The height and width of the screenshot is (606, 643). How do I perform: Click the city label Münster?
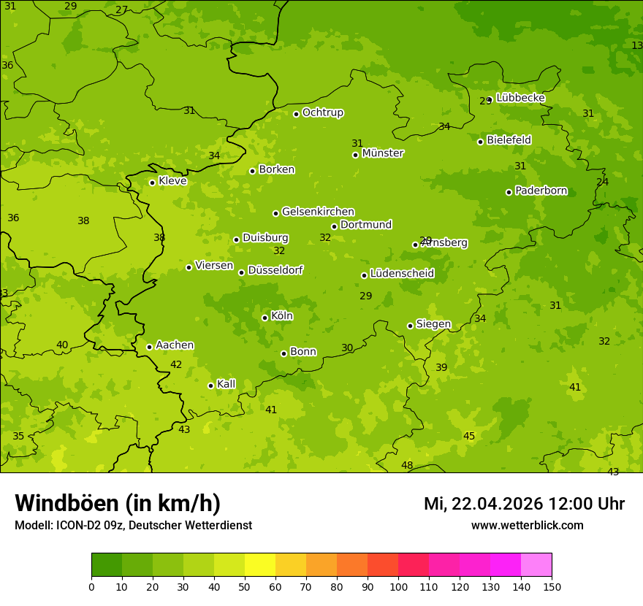[x=382, y=153]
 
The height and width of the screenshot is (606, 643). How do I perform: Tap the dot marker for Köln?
[x=265, y=318]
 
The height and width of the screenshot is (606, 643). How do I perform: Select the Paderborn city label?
[x=541, y=191]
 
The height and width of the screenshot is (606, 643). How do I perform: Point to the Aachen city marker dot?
[x=149, y=347]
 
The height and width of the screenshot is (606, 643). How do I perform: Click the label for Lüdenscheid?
[x=402, y=274]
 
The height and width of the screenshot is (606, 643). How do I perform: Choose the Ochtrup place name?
[x=322, y=112]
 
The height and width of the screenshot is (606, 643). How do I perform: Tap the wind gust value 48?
[x=407, y=466]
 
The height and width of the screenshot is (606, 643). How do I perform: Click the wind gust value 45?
[x=469, y=437]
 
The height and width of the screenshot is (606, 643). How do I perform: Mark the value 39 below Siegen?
[x=441, y=368]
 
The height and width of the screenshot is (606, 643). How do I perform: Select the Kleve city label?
[x=172, y=181]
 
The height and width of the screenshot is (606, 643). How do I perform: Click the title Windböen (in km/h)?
[x=118, y=503]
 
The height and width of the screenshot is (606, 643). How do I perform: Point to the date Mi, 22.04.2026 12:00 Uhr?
[x=524, y=504]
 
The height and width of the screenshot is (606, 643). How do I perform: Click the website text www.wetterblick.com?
[x=527, y=526]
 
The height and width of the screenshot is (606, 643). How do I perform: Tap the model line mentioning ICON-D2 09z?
[x=133, y=526]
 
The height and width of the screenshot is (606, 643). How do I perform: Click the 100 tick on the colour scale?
[x=398, y=587]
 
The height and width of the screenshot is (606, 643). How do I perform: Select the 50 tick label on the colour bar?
[x=245, y=587]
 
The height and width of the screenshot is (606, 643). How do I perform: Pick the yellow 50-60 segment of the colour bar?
[x=260, y=565]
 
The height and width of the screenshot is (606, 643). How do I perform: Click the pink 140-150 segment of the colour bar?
[x=536, y=565]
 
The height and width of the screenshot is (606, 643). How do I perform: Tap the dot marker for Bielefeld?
[x=480, y=142]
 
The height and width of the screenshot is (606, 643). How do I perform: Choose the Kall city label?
[x=226, y=384]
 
